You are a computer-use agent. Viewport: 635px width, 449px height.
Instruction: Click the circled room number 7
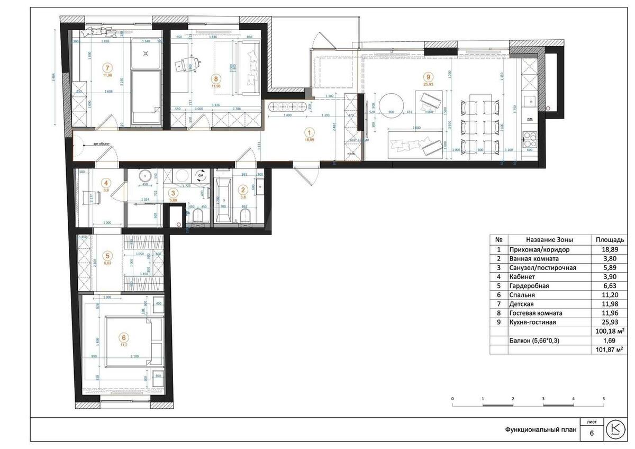point(108,67)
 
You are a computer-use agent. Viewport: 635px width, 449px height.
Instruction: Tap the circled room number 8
point(216,77)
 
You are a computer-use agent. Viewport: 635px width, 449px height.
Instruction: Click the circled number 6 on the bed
point(124,337)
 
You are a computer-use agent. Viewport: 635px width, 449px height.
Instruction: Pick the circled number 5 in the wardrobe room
point(107,254)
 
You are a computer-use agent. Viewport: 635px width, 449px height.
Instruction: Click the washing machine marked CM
point(201,175)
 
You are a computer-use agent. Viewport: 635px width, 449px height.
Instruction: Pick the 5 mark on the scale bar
point(604,398)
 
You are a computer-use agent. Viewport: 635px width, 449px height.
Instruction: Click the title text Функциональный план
point(540,430)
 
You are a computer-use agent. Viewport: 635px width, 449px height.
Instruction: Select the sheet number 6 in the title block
point(591,434)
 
